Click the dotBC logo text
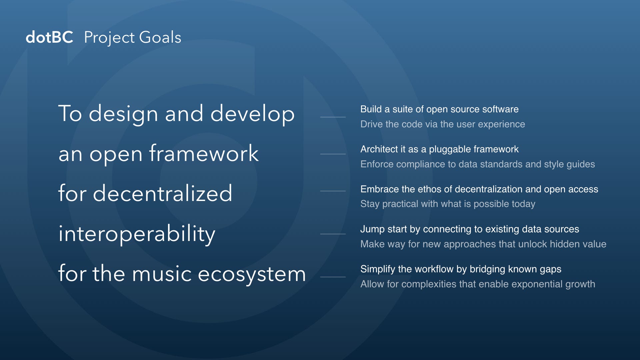pyautogui.click(x=49, y=37)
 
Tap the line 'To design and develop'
pyautogui.click(x=176, y=114)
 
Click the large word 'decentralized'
pyautogui.click(x=162, y=193)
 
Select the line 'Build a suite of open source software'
pyautogui.click(x=439, y=109)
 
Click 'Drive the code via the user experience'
pyautogui.click(x=443, y=124)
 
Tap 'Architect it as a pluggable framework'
pyautogui.click(x=439, y=149)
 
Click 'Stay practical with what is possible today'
pyautogui.click(x=448, y=204)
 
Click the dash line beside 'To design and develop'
pyautogui.click(x=333, y=117)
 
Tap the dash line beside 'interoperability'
pyautogui.click(x=333, y=234)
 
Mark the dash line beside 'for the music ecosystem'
pyautogui.click(x=333, y=277)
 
